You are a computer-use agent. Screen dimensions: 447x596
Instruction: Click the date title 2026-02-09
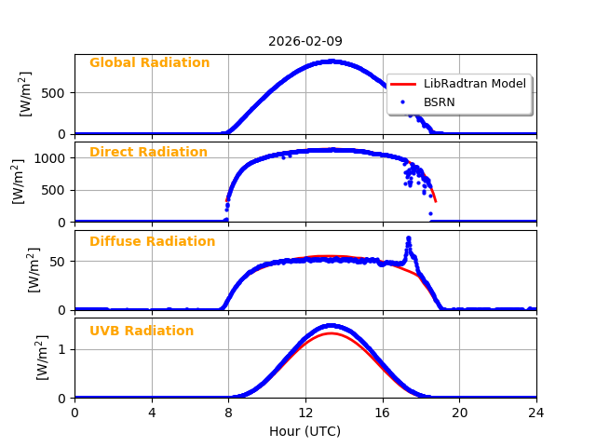coord(305,41)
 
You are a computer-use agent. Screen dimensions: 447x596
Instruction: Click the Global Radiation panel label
coord(149,63)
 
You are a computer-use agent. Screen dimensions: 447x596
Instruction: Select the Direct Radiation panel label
coord(148,153)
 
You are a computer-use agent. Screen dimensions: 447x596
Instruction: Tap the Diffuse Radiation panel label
coord(152,242)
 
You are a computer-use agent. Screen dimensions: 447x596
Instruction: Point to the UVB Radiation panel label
coord(142,332)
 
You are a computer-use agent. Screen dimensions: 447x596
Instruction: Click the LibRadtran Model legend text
coord(474,84)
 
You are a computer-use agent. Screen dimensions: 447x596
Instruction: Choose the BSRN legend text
coord(439,102)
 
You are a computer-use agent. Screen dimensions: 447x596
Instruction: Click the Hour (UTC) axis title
coord(305,431)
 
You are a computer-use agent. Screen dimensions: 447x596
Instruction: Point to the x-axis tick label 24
coord(535,413)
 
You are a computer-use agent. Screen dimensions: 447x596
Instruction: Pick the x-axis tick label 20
coord(459,413)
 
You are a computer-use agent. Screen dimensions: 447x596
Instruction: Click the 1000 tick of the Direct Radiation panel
coord(51,158)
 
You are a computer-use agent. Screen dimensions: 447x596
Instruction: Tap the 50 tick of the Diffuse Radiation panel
coord(59,262)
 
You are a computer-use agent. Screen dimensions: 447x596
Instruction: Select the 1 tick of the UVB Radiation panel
coord(62,350)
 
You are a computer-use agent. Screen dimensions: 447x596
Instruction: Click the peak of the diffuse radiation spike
coord(408,238)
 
